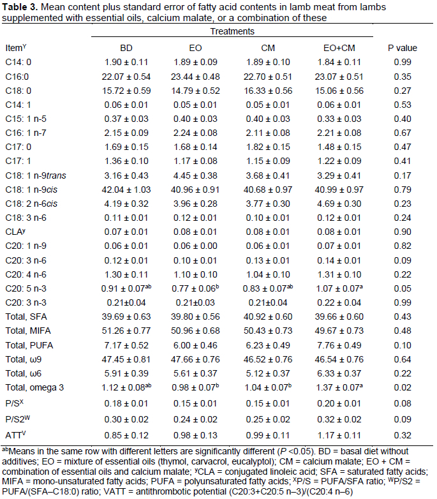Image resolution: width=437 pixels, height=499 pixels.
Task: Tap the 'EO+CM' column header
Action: (x=344, y=48)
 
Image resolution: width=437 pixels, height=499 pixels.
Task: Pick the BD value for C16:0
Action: (x=127, y=76)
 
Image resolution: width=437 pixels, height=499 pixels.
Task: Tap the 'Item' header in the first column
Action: (x=14, y=48)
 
